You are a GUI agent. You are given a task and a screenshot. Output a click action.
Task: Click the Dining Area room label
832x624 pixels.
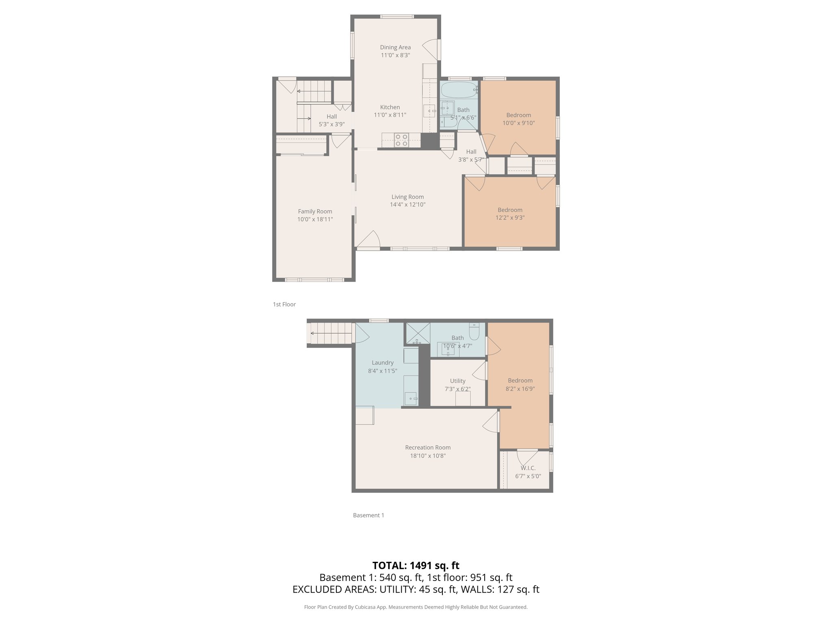point(395,47)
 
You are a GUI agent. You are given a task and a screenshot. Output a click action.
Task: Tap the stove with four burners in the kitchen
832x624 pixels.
point(401,140)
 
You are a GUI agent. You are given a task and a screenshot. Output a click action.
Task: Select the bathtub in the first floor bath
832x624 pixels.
point(458,90)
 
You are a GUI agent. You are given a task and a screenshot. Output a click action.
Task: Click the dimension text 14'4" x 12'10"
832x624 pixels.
point(407,205)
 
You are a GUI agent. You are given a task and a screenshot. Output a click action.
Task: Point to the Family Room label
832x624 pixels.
point(315,211)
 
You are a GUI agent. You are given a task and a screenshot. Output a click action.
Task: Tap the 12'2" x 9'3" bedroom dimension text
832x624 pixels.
point(510,218)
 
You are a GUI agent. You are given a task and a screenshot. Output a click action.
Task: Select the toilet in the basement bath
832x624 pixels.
point(474,332)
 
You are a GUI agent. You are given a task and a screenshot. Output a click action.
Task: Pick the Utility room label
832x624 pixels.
point(457,381)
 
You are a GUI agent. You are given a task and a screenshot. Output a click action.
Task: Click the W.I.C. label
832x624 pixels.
point(528,468)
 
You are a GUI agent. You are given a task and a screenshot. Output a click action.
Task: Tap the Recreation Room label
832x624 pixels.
point(427,447)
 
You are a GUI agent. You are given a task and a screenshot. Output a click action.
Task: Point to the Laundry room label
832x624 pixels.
point(382,362)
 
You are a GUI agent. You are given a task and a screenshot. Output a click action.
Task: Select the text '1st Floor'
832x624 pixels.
point(284,304)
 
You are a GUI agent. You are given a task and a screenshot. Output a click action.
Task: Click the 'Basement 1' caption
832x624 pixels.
point(368,515)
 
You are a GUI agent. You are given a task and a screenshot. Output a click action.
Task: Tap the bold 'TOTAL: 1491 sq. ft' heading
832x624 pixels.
point(416,565)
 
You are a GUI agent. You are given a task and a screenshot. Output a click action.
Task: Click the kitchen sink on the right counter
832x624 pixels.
point(429,110)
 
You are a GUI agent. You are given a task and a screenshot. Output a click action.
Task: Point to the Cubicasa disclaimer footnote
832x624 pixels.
point(416,607)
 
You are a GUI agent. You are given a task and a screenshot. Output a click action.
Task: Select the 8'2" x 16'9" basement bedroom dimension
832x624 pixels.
point(520,389)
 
